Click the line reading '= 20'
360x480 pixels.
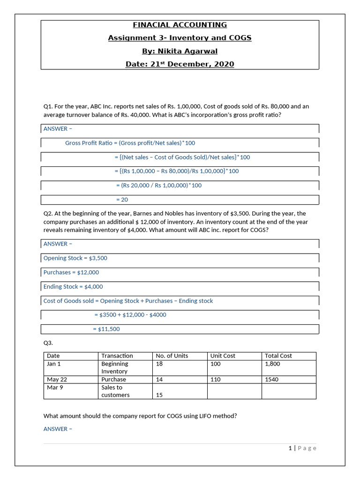(x=122, y=200)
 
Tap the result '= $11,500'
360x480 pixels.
(x=106, y=329)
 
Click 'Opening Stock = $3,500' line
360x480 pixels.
(x=72, y=258)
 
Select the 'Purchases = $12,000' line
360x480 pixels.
(x=71, y=272)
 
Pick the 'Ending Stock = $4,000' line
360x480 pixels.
(x=73, y=286)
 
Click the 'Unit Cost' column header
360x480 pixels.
(x=223, y=356)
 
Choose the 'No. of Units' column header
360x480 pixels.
(x=172, y=356)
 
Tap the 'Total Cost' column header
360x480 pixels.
(x=278, y=356)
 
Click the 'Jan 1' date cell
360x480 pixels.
(x=54, y=364)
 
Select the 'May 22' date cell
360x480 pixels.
(x=57, y=379)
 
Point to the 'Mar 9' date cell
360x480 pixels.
(x=55, y=387)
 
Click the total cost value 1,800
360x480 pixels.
(x=272, y=364)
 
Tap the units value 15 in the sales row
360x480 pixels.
(x=159, y=395)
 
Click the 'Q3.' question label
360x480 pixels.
(x=48, y=343)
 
